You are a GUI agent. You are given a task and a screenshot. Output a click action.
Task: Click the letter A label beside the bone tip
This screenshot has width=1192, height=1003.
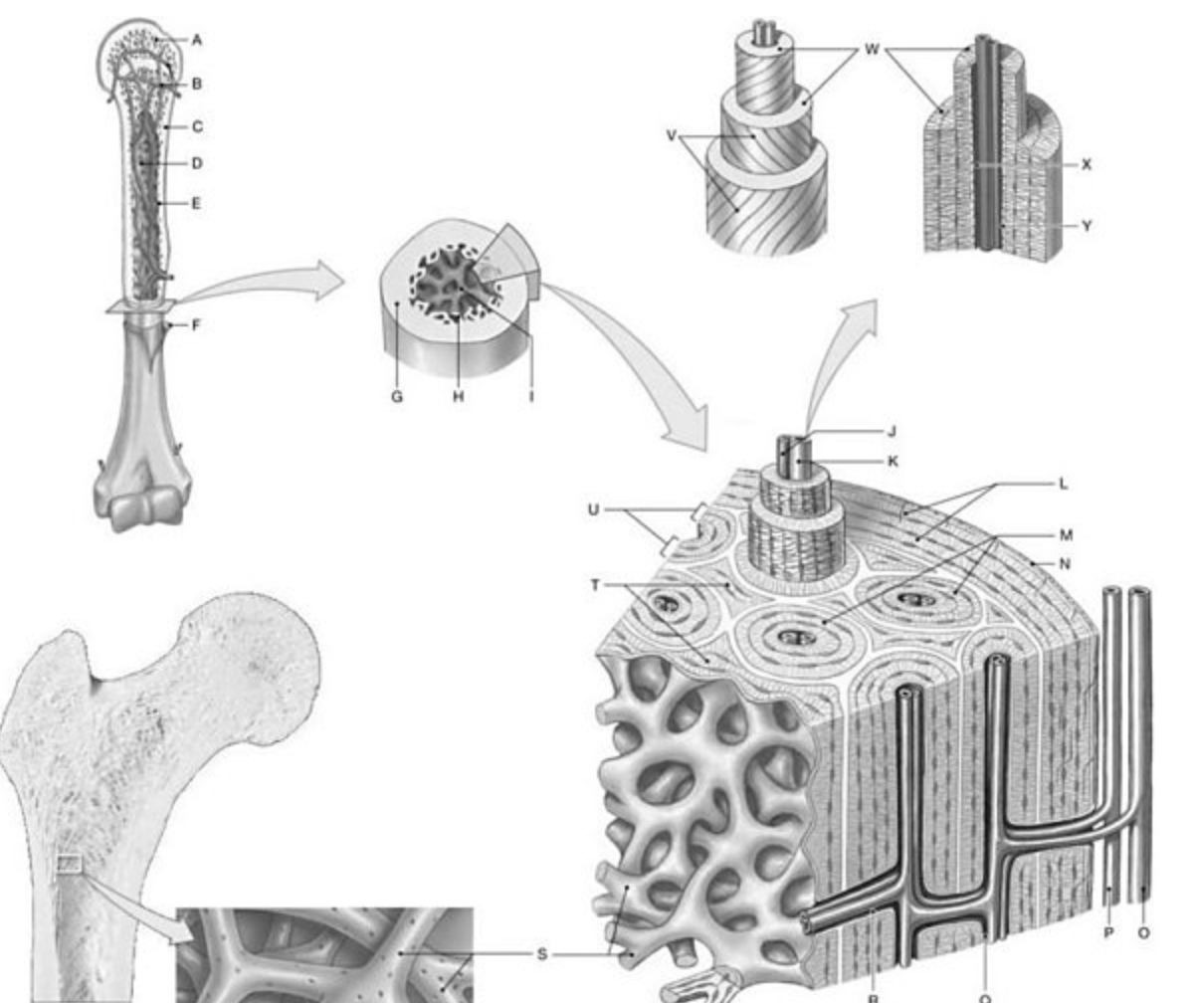(197, 40)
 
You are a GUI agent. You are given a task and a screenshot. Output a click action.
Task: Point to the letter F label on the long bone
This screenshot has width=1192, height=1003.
(196, 324)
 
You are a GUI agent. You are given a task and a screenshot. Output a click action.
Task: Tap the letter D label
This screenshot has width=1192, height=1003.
(197, 162)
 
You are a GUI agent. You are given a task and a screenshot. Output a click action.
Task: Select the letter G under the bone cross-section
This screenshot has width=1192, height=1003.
(397, 396)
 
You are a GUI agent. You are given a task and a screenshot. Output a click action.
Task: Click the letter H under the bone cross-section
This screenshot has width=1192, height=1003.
(459, 396)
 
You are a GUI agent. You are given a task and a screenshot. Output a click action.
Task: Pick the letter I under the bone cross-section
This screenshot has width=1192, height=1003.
(531, 396)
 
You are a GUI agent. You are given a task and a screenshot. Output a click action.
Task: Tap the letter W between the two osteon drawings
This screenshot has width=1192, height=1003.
(872, 49)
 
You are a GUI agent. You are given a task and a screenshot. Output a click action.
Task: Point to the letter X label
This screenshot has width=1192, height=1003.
(1086, 164)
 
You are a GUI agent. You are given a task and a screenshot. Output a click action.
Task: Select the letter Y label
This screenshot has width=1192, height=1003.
(1086, 226)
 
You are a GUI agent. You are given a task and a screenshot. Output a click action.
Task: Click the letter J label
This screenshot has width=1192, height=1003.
(892, 431)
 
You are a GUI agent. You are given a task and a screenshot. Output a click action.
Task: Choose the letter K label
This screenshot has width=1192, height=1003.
(892, 461)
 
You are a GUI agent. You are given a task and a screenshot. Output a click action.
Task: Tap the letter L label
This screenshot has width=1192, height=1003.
(1064, 484)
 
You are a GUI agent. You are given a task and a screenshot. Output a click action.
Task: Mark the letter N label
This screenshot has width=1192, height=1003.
(1064, 563)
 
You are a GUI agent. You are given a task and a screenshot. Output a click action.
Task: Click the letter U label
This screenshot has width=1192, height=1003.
(594, 510)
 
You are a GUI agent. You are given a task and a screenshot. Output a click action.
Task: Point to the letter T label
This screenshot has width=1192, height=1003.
(594, 584)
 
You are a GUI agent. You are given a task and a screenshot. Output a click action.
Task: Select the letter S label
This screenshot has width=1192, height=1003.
(541, 953)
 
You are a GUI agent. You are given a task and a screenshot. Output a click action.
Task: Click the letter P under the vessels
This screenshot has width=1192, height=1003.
(1108, 932)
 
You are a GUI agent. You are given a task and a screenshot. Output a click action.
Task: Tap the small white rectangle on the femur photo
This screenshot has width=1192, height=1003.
(69, 864)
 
